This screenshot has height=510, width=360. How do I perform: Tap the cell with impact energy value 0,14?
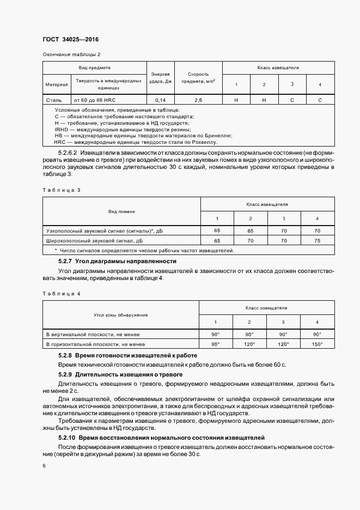pos(161,100)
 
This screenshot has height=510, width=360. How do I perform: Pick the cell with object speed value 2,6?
pos(198,100)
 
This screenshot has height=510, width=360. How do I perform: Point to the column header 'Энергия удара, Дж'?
pos(161,78)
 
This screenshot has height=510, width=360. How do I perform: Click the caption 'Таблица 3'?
pos(61,190)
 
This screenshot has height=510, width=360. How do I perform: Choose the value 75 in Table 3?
pos(318,240)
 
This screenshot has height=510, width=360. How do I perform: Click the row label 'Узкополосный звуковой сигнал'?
pos(93,231)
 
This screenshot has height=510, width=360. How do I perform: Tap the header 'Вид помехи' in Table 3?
pos(121,211)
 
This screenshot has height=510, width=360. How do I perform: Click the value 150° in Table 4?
pos(317,344)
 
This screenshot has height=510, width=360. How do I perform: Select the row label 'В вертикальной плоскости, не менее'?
pos(93,334)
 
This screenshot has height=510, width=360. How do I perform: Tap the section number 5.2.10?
pos(67,438)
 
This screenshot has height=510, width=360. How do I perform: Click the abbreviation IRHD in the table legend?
pos(54,130)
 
